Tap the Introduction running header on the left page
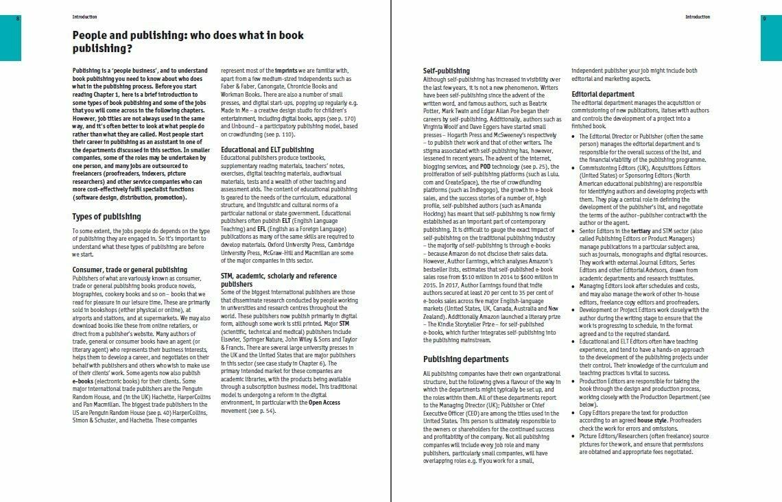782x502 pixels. click(x=84, y=16)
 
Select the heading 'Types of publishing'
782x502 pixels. click(x=106, y=217)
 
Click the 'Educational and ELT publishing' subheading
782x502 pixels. click(x=268, y=149)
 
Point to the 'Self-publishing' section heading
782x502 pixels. click(x=447, y=71)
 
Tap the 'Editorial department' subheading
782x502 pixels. click(x=603, y=94)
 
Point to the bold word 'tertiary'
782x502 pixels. click(x=641, y=231)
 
